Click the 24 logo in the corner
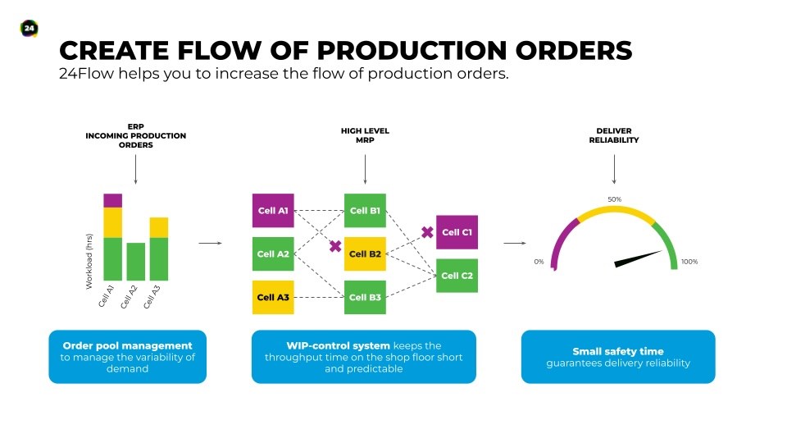30,28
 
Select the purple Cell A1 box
273,211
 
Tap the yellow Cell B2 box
365,254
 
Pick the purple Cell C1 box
457,232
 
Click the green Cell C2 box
457,276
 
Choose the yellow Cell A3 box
273,297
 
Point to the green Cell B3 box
365,297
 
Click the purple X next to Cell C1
427,232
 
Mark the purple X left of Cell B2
335,246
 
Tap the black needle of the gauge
638,258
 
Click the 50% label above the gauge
614,199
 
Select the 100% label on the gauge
689,262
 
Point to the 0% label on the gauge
539,262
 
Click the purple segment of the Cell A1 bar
112,200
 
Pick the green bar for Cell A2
135,262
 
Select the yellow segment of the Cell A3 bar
158,227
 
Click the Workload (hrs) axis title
89,261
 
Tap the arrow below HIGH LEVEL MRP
365,169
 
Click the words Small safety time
618,351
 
